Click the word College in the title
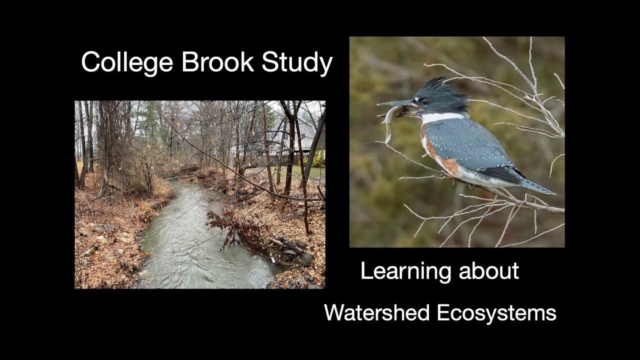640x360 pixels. (x=127, y=63)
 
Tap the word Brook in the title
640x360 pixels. (x=218, y=62)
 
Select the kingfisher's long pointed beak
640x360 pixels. (x=395, y=103)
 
